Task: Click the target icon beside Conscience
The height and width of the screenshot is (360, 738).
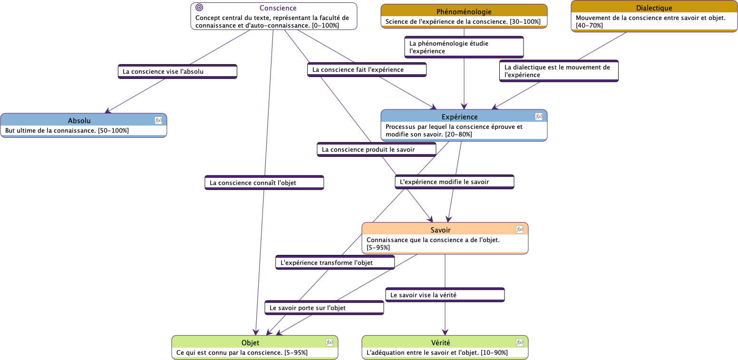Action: (x=200, y=8)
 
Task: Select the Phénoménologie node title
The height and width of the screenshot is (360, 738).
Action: (x=464, y=11)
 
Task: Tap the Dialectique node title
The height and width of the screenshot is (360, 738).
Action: (x=654, y=8)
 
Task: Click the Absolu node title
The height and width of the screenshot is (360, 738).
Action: (x=79, y=121)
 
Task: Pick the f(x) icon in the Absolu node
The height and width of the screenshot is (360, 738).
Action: (x=158, y=120)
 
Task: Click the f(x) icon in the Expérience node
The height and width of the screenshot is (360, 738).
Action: (x=539, y=117)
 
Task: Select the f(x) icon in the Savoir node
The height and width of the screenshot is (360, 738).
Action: (x=520, y=230)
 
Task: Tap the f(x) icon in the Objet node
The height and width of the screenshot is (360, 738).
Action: (x=330, y=342)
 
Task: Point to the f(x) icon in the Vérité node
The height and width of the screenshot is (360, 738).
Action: (x=520, y=342)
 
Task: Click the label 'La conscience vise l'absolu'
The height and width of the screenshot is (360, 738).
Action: (x=177, y=71)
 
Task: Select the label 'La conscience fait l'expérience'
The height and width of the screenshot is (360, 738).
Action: (x=367, y=69)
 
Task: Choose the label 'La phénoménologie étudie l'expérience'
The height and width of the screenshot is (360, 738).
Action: (x=464, y=47)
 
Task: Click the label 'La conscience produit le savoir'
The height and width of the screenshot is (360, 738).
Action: (x=376, y=149)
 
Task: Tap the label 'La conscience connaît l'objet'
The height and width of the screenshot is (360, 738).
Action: (x=264, y=183)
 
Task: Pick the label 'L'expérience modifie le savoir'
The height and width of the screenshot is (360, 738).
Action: (x=454, y=182)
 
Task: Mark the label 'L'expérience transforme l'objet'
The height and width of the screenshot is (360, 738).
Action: (x=335, y=263)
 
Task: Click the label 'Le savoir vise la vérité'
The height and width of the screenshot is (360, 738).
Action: (x=445, y=295)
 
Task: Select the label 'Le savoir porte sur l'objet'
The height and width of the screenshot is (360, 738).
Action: (x=324, y=308)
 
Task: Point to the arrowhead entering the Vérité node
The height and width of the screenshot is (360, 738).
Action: (x=445, y=332)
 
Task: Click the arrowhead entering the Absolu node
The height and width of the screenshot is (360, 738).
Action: (x=108, y=111)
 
